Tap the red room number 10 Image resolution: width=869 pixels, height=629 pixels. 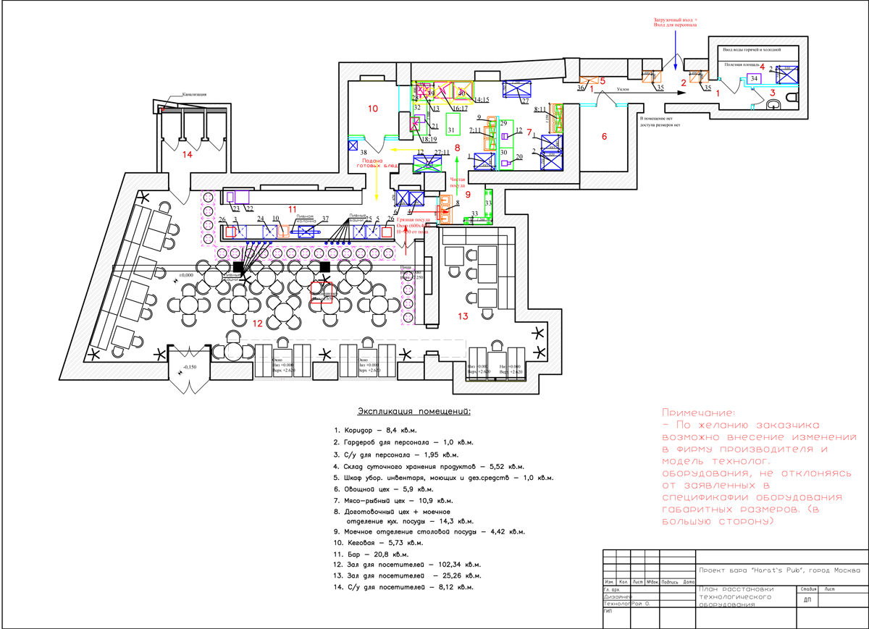click(372, 109)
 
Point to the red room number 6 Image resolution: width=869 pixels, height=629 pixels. click(605, 135)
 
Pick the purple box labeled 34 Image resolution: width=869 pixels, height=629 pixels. click(754, 78)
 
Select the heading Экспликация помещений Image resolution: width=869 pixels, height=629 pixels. click(409, 412)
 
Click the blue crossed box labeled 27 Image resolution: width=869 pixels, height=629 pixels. click(517, 90)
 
